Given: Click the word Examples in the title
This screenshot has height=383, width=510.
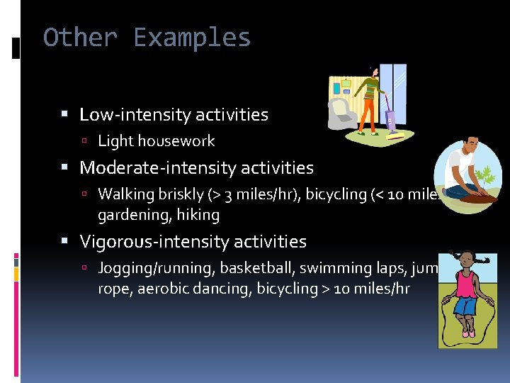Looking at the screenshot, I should pyautogui.click(x=192, y=37).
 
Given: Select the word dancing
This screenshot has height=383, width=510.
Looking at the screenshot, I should pyautogui.click(x=225, y=289).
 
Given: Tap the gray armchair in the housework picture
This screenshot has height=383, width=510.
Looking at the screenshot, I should pyautogui.click(x=341, y=113).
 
